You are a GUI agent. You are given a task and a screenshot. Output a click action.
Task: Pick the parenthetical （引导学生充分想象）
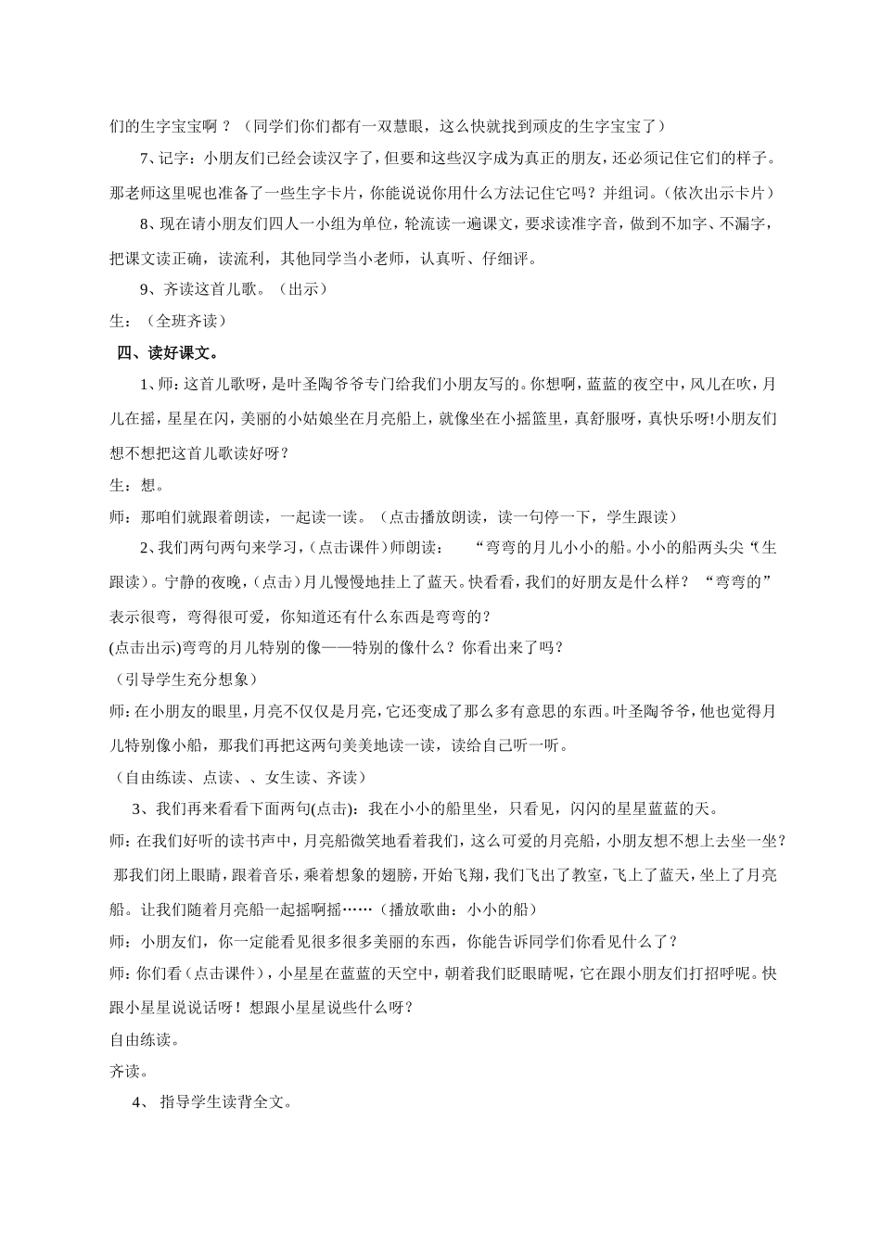[182, 680]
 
